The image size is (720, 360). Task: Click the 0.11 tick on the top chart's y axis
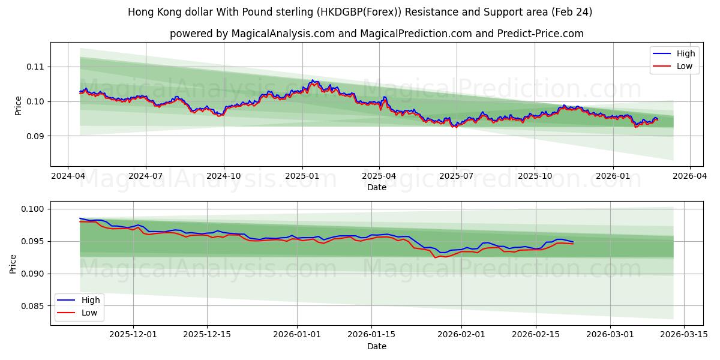click(x=35, y=67)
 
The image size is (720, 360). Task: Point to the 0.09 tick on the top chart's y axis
click(x=35, y=136)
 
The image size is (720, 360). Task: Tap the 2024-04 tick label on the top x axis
click(x=68, y=176)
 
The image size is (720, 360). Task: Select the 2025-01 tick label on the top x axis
click(x=302, y=176)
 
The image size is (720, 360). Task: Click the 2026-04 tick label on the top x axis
click(x=689, y=176)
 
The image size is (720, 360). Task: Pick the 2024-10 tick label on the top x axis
click(x=224, y=176)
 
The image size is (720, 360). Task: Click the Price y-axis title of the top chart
click(x=18, y=106)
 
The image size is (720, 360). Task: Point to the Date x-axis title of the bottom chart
click(x=377, y=346)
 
